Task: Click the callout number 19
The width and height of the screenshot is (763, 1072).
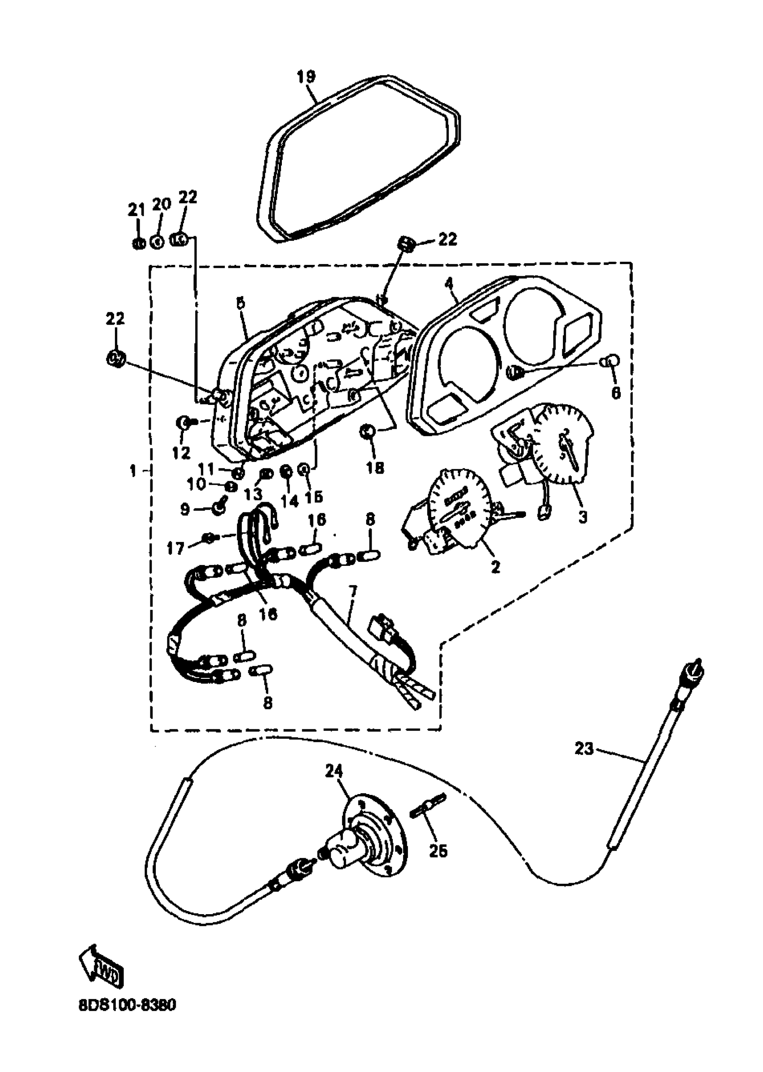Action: tap(307, 77)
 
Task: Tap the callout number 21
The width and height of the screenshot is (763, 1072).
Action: tap(136, 211)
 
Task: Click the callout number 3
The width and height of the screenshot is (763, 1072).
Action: tap(582, 517)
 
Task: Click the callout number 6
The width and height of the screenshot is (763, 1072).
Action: tap(615, 392)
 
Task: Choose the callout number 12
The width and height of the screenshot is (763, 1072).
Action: tap(181, 452)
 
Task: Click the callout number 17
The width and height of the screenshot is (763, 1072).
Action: tap(176, 548)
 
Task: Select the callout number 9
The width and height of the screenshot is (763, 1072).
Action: tap(184, 509)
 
